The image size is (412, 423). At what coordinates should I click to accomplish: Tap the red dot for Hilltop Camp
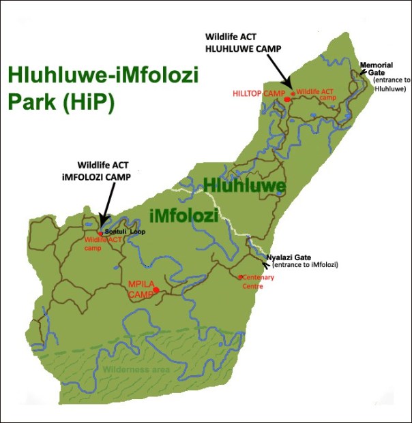(287, 99)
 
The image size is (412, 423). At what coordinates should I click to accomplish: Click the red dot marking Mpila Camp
(156, 290)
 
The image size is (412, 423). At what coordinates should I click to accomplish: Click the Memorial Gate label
(376, 68)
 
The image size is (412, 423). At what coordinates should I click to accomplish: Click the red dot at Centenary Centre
(240, 277)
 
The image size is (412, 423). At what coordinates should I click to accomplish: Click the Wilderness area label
(136, 370)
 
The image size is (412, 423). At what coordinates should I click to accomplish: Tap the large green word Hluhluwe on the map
(244, 185)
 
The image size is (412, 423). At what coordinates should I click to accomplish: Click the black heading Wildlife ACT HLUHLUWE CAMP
(243, 42)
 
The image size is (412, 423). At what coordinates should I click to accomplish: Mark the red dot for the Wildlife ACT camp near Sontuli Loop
(100, 234)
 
